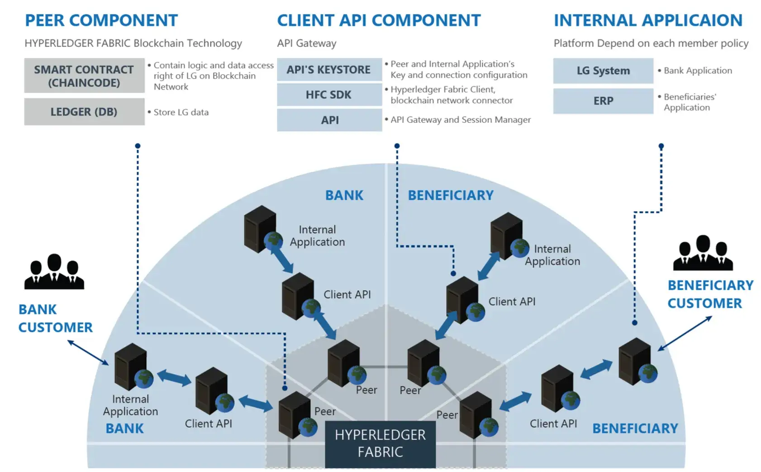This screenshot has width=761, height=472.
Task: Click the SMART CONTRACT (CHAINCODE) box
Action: point(84,76)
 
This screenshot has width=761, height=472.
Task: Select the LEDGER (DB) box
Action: point(84,112)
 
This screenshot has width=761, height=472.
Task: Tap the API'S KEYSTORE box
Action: point(329,70)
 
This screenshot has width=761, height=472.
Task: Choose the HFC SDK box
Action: point(329,95)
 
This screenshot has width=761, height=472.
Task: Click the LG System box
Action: point(603,71)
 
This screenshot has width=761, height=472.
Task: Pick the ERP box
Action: point(603,101)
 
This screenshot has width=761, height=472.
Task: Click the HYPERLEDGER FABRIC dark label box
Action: point(380,444)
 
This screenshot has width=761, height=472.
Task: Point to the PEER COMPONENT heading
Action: point(101,20)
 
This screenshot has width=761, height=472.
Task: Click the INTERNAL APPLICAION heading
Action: point(648,20)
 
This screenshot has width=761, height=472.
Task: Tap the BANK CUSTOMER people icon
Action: point(54,272)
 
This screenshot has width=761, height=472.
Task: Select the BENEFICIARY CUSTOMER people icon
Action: point(703,253)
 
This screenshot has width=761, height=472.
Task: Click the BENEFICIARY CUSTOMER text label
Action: point(710,294)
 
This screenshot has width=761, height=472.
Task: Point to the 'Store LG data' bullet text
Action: point(181,112)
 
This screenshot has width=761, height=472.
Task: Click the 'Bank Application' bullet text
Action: point(698,71)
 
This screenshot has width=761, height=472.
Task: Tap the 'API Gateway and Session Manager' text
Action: point(461,120)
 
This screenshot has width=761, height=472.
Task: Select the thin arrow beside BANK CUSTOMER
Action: point(88,353)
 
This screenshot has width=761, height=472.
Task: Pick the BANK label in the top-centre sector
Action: point(344,195)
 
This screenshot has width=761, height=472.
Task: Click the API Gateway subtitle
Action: point(307,43)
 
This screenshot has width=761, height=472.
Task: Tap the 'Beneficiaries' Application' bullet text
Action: point(690,102)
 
